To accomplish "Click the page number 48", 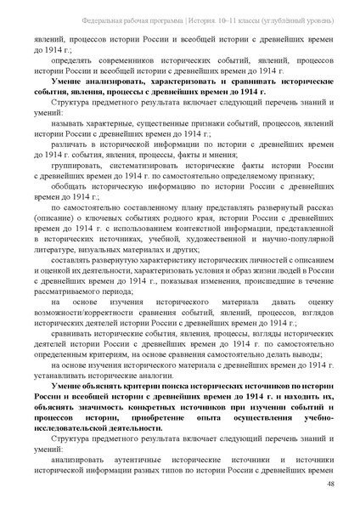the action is (329, 484).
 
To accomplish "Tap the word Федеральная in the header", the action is (84, 19).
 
